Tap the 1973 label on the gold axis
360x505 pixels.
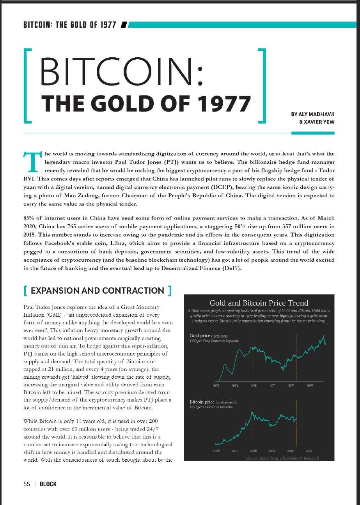click(x=216, y=386)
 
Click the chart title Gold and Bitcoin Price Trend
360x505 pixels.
click(x=259, y=303)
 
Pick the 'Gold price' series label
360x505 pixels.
click(x=200, y=336)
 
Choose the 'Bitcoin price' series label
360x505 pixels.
click(x=202, y=402)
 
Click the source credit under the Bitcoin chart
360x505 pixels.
click(x=282, y=458)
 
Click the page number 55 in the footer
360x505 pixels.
click(x=27, y=484)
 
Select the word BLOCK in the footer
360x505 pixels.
click(x=48, y=484)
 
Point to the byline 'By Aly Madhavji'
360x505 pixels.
click(x=312, y=114)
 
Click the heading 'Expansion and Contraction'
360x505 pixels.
click(x=97, y=291)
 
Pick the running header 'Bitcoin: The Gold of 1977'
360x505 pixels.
click(x=70, y=25)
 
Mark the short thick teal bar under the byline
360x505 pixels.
click(x=313, y=133)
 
